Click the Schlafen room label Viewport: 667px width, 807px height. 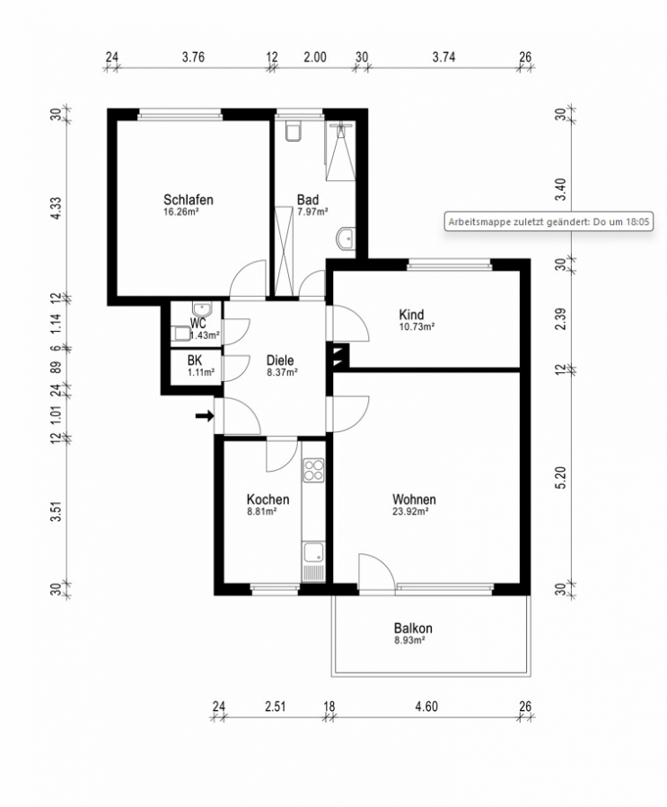coord(189,200)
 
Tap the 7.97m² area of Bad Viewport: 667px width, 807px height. coord(312,212)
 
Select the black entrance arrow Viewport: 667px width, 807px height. coord(205,415)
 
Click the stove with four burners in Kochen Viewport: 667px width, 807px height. coord(313,470)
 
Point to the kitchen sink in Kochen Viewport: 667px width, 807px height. coord(313,552)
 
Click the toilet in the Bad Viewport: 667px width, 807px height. coord(293,131)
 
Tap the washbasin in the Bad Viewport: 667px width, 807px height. coord(346,239)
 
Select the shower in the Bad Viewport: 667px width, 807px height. coord(340,151)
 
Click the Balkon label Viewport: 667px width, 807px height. coord(413,628)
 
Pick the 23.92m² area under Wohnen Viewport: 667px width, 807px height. coord(410,512)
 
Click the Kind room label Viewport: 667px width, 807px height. coord(411,314)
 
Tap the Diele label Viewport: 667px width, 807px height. coord(280,360)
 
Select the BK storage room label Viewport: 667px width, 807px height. coord(195,360)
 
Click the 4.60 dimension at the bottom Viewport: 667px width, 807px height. coord(426,707)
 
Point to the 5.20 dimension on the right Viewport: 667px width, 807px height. coord(561,478)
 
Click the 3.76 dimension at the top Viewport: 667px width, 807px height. coord(193,56)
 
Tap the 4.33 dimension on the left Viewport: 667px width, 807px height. coord(56,208)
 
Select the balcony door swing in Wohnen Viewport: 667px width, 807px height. coord(376,571)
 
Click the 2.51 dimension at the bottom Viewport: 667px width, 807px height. coord(276,707)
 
